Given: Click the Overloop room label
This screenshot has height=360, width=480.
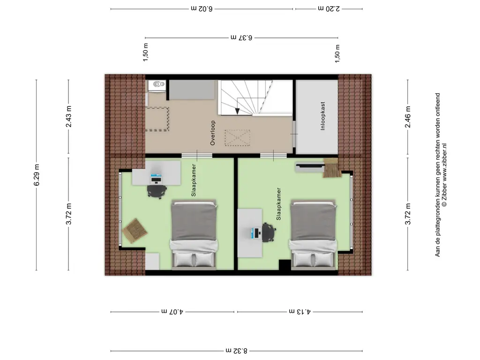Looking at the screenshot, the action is [x=213, y=133].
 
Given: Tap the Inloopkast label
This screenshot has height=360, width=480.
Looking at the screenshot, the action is [x=322, y=116].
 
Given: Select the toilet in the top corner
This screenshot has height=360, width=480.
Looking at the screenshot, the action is [x=157, y=85].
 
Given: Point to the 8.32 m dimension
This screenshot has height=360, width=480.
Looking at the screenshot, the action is [x=236, y=351].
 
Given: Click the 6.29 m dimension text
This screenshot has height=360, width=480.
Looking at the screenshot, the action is [x=37, y=175].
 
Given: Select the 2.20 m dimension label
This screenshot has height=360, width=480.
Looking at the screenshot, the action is [x=329, y=8].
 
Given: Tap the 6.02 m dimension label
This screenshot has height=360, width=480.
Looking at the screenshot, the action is [x=202, y=8].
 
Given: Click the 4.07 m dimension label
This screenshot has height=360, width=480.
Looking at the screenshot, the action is [x=172, y=312].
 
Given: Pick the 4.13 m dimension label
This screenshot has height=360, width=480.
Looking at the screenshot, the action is [x=300, y=312].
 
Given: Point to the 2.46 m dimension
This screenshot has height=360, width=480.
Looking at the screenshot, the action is [x=408, y=117].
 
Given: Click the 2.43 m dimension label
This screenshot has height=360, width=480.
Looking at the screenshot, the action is [x=68, y=116].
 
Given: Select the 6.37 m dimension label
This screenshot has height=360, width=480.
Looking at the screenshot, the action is [x=241, y=37].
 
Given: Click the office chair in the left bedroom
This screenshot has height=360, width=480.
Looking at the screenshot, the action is [x=157, y=192].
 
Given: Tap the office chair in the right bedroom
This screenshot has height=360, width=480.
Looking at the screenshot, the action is [x=269, y=232].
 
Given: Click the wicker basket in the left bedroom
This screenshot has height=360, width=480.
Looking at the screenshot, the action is [x=135, y=231].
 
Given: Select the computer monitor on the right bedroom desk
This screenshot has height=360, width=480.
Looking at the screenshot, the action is [x=253, y=233].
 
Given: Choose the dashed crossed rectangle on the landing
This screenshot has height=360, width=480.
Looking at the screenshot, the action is [x=237, y=138].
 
